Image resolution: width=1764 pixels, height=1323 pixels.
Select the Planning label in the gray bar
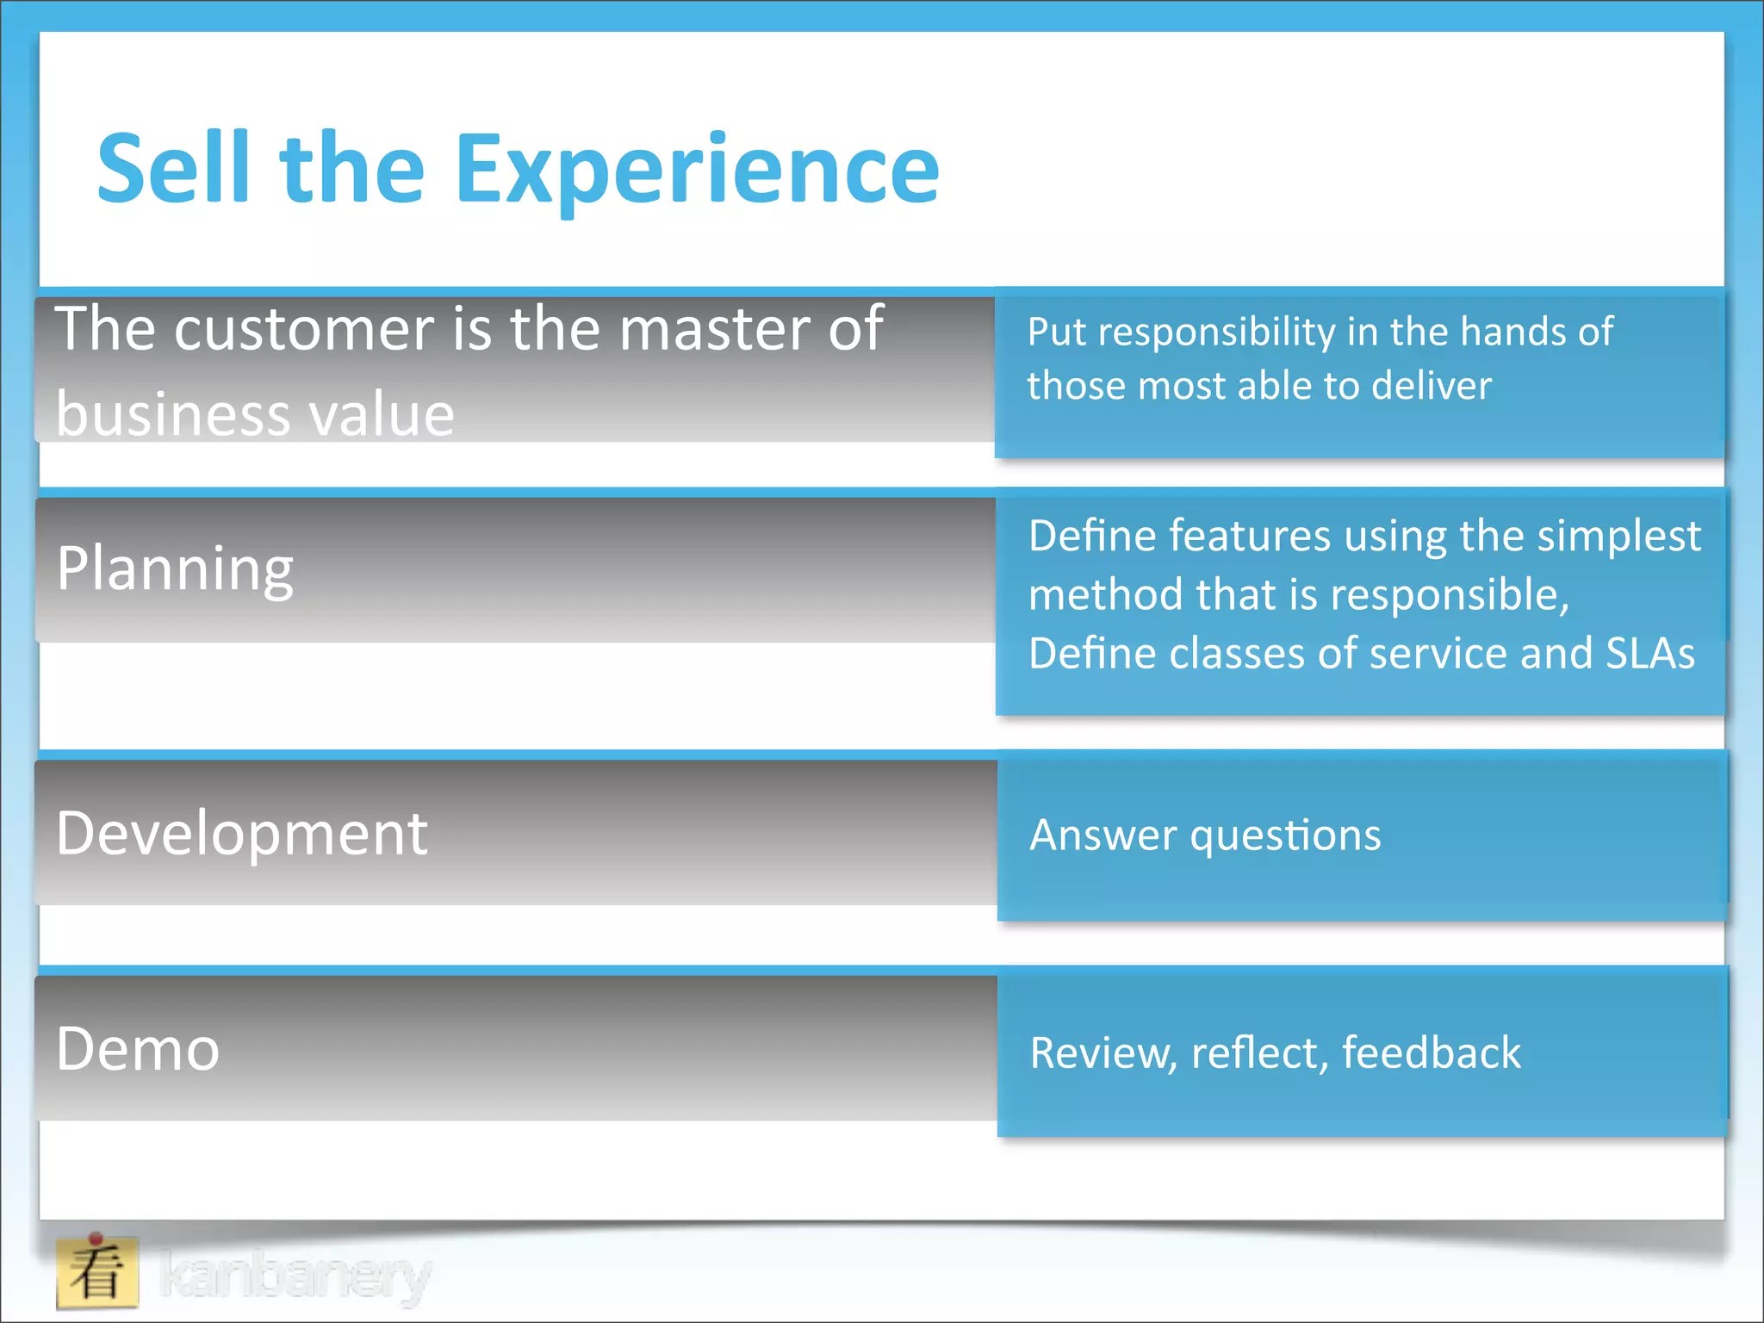point(175,569)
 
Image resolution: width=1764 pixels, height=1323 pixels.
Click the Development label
point(241,834)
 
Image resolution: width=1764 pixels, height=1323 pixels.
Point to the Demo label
point(138,1049)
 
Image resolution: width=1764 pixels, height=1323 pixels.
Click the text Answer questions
point(1205,835)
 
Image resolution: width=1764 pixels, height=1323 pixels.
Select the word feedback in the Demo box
point(1431,1053)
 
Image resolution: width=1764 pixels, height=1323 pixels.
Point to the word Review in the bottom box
point(1102,1053)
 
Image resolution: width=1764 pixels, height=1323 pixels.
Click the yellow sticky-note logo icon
point(97,1272)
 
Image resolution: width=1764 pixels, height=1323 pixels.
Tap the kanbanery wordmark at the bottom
point(295,1276)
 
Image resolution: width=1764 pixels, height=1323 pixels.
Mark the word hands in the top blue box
point(1512,332)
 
